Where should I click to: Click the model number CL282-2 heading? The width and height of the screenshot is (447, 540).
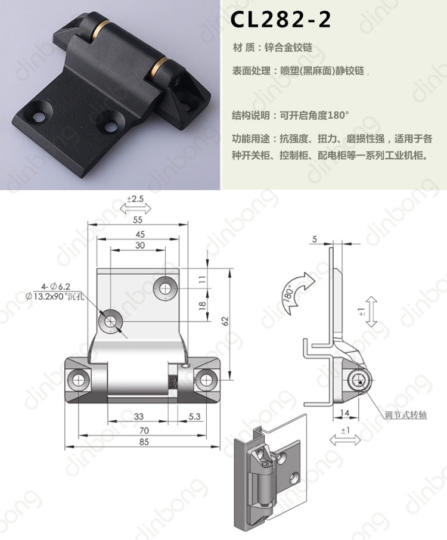click(x=280, y=20)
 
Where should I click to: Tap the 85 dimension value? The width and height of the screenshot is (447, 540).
click(x=144, y=442)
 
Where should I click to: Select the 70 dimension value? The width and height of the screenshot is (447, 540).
click(x=144, y=430)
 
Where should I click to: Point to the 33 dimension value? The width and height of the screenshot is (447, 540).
click(x=138, y=417)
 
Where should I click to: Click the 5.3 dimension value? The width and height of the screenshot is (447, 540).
click(x=194, y=417)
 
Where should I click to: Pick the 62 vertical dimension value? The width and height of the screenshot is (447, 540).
click(x=225, y=321)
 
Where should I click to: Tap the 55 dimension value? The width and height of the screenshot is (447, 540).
click(x=138, y=220)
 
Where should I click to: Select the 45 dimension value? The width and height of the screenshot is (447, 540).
click(x=140, y=234)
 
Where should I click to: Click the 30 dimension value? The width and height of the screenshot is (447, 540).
click(x=140, y=245)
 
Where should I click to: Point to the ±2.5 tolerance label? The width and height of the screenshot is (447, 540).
click(x=135, y=199)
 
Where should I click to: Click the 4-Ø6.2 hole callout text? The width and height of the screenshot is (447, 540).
click(x=56, y=287)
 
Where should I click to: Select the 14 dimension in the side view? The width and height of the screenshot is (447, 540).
click(x=344, y=412)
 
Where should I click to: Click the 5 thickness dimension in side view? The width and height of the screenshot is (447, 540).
click(x=315, y=239)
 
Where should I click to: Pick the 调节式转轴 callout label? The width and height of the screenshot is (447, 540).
click(x=406, y=415)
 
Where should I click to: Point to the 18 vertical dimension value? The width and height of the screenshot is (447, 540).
click(x=203, y=305)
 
